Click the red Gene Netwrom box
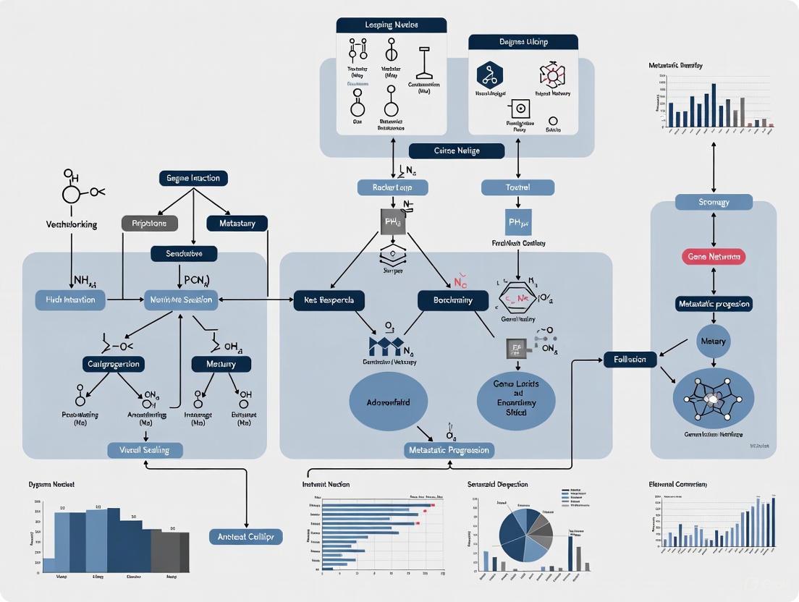pyautogui.click(x=714, y=257)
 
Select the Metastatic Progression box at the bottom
pyautogui.click(x=449, y=450)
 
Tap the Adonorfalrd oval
pyautogui.click(x=388, y=402)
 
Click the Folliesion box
pyautogui.click(x=630, y=359)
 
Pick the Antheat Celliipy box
pyautogui.click(x=245, y=536)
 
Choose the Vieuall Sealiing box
pyautogui.click(x=145, y=450)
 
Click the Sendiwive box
pyautogui.click(x=193, y=254)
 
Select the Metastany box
pyautogui.click(x=237, y=224)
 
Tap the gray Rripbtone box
pyautogui.click(x=149, y=224)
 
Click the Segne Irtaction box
pyautogui.click(x=193, y=178)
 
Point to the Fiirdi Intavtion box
pyautogui.click(x=70, y=300)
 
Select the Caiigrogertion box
pyautogui.click(x=113, y=363)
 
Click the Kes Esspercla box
pyautogui.click(x=329, y=300)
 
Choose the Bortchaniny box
pyautogui.click(x=453, y=300)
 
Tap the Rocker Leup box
pyautogui.click(x=393, y=187)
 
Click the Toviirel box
pyautogui.click(x=517, y=187)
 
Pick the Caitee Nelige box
pyautogui.click(x=456, y=150)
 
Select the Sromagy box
pyautogui.click(x=714, y=203)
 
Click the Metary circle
pyautogui.click(x=714, y=340)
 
